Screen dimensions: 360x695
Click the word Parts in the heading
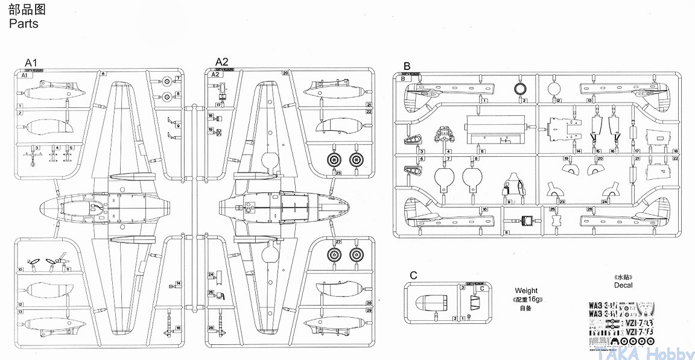click(24, 24)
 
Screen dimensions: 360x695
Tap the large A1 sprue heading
click(31, 62)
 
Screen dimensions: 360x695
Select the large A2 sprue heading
click(222, 62)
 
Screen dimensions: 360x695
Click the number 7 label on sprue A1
click(179, 78)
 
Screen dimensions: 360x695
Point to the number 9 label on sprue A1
click(179, 125)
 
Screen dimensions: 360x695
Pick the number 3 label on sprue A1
click(37, 147)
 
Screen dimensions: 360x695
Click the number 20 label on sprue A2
click(285, 74)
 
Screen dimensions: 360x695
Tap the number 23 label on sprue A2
click(338, 173)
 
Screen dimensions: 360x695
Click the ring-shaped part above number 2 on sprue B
click(519, 89)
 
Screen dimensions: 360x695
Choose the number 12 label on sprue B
click(559, 100)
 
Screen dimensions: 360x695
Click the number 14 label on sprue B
click(579, 151)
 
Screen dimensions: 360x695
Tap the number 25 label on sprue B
click(553, 210)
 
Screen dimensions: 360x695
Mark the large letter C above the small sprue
click(413, 276)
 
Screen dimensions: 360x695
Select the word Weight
click(526, 291)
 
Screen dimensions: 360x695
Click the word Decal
click(623, 285)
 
